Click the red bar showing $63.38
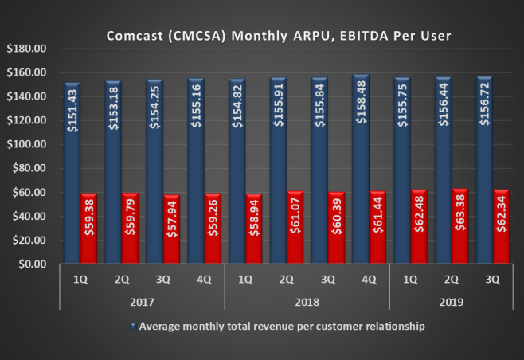click(x=459, y=226)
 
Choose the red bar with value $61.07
click(x=295, y=228)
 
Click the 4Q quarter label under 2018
click(x=369, y=280)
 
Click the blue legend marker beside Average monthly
click(x=133, y=327)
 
